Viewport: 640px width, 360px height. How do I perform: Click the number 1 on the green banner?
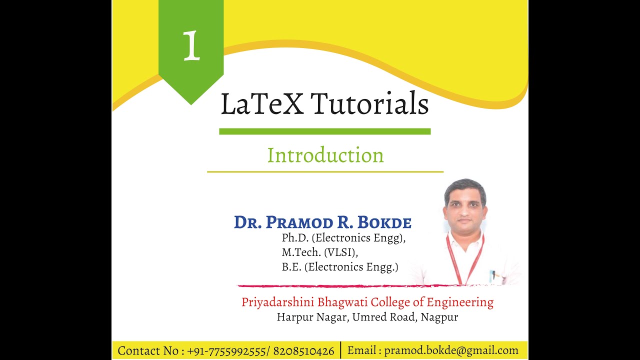click(191, 45)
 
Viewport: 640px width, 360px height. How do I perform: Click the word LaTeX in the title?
click(261, 104)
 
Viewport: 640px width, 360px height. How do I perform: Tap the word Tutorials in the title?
click(369, 104)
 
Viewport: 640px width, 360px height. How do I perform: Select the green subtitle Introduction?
click(325, 155)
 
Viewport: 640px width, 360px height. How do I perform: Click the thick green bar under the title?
click(324, 131)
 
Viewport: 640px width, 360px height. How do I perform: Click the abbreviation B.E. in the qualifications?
click(291, 267)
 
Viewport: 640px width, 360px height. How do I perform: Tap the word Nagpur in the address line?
click(439, 317)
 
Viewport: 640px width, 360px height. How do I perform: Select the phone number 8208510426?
click(304, 351)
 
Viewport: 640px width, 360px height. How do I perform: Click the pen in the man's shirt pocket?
click(493, 275)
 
